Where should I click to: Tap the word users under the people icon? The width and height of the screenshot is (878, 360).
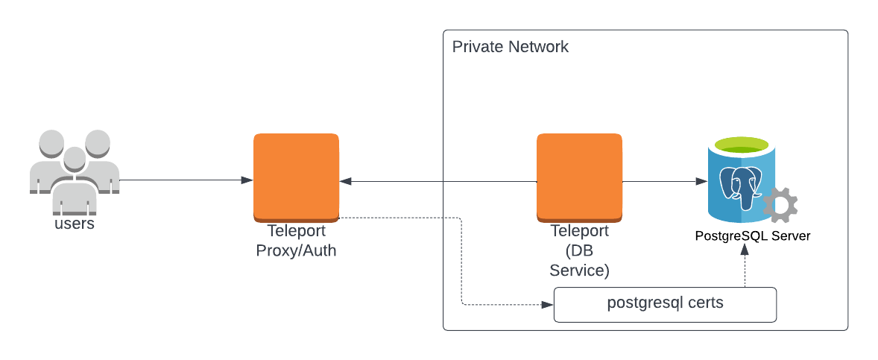[x=75, y=223]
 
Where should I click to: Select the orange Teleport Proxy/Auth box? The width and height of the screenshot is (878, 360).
[x=296, y=176]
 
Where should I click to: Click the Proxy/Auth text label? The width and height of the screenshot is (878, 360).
[x=296, y=250]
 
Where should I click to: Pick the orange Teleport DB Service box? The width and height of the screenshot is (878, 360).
[x=579, y=176]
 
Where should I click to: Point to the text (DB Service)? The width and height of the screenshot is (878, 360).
[x=579, y=261]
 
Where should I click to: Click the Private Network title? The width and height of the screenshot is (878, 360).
[x=511, y=47]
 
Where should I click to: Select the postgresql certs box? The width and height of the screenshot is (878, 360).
[x=665, y=305]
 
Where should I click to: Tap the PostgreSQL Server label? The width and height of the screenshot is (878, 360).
[x=752, y=236]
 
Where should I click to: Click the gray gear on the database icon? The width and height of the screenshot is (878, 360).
[x=781, y=204]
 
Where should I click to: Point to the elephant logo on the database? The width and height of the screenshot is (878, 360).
[x=741, y=186]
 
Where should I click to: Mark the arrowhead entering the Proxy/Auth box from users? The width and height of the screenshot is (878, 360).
[x=247, y=180]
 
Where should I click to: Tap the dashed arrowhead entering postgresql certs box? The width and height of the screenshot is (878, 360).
[x=548, y=305]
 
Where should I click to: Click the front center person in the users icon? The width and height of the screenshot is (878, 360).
[x=74, y=179]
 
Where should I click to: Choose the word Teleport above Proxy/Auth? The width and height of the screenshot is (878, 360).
[x=296, y=231]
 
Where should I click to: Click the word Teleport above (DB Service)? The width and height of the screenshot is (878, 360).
[x=579, y=231]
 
